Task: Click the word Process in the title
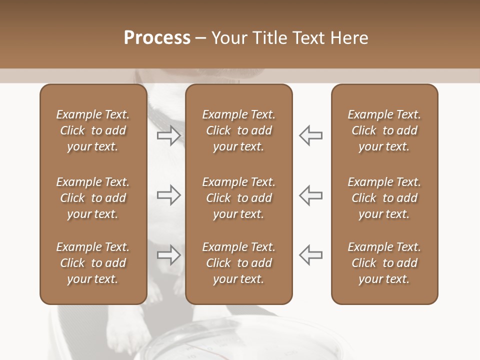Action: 157,38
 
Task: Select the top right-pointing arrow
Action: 169,135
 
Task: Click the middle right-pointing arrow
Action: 169,195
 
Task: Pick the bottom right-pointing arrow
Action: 169,255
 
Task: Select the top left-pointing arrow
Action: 310,135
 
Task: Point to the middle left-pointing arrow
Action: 310,195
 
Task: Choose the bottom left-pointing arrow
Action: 310,255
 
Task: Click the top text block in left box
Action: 93,130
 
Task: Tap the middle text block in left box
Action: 93,198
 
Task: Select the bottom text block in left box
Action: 93,263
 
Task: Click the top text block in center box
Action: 239,130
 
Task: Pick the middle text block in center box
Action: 239,198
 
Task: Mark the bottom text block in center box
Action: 239,263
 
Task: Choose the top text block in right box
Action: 384,130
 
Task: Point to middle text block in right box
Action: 384,198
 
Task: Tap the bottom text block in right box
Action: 384,263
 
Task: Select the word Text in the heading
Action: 309,38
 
